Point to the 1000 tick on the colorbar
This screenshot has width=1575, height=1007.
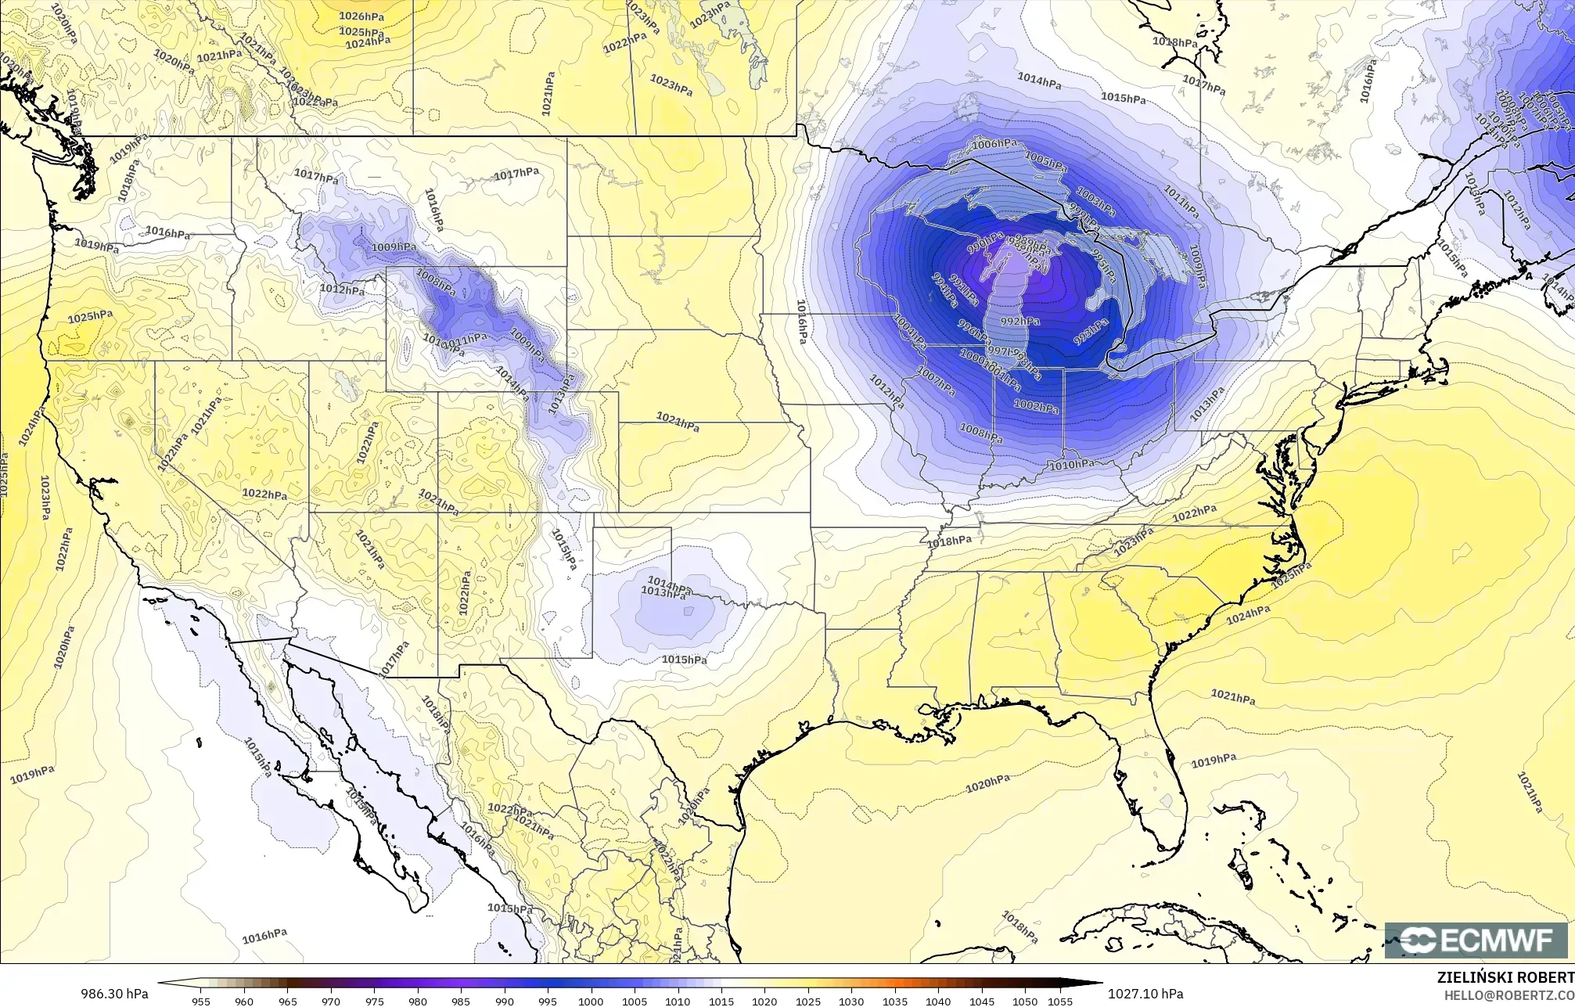(590, 1002)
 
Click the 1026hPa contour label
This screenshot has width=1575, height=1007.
(361, 16)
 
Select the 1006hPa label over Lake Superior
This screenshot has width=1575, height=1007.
(995, 144)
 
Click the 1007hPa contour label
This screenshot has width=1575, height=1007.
(936, 380)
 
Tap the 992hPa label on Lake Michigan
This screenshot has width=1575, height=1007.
(1020, 322)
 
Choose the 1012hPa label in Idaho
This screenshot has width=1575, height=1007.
(342, 290)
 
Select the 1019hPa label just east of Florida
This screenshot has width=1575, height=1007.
(1214, 761)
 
